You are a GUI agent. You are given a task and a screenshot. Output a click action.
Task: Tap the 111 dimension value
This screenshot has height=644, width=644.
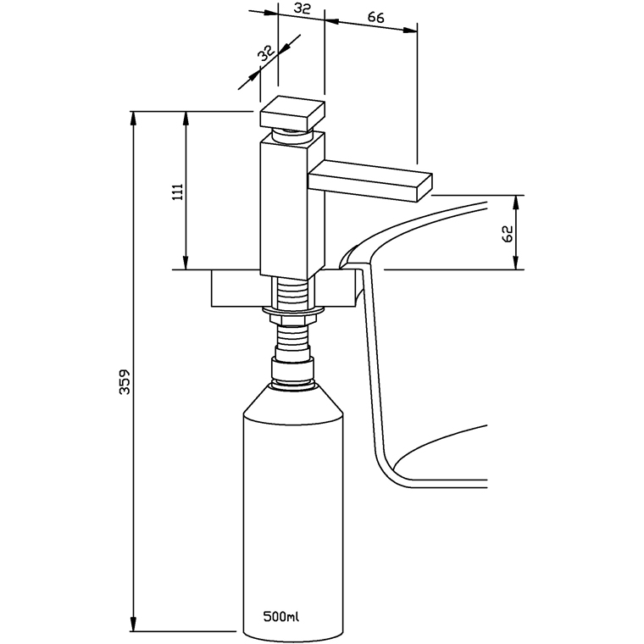pyautogui.click(x=177, y=192)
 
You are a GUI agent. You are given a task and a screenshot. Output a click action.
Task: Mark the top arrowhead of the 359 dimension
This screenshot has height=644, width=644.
pyautogui.click(x=133, y=117)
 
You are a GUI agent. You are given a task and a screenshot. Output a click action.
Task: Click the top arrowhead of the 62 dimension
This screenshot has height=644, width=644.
pyautogui.click(x=516, y=201)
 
